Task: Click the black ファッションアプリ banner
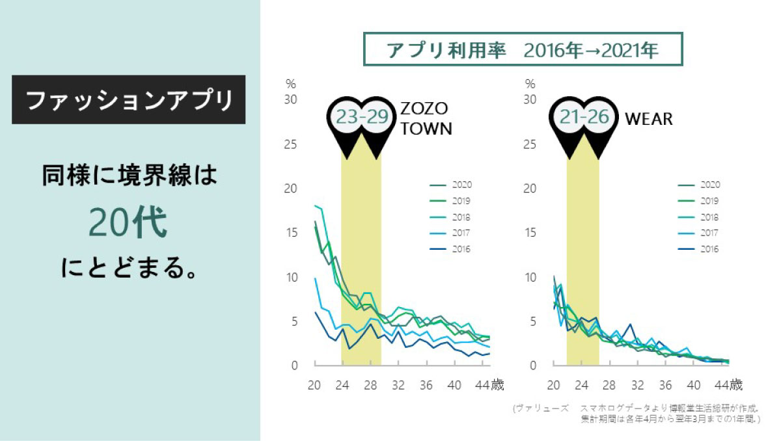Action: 129,100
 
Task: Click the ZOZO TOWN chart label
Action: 426,118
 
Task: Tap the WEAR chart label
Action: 648,119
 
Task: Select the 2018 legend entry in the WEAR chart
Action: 700,217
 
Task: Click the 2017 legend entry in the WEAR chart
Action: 700,233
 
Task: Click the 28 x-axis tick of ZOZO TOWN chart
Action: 370,384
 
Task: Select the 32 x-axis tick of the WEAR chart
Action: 638,384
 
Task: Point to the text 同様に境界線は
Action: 128,176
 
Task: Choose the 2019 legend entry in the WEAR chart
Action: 700,201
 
